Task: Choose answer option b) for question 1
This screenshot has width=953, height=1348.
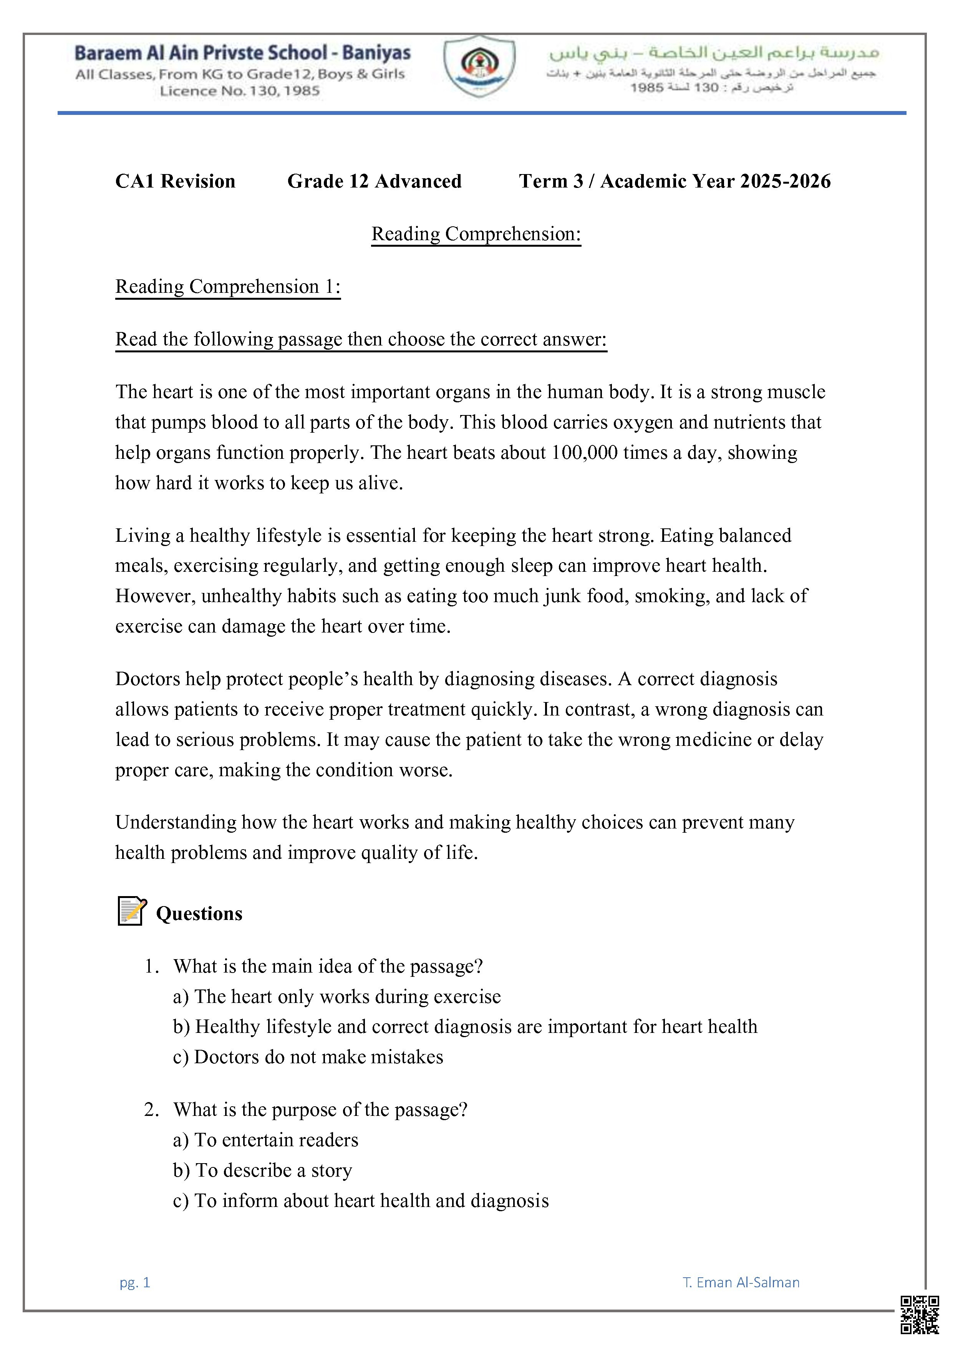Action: click(x=465, y=1026)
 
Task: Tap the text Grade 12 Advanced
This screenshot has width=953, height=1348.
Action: click(x=375, y=181)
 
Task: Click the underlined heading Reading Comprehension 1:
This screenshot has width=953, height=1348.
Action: click(x=228, y=287)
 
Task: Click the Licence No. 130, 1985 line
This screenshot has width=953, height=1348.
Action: click(x=239, y=91)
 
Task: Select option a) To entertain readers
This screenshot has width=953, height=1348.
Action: click(x=266, y=1140)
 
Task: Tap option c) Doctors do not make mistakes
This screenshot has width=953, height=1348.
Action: click(x=308, y=1057)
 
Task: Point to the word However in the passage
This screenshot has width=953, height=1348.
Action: click(x=155, y=596)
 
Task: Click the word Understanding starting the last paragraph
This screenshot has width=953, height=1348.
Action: click(x=176, y=822)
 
